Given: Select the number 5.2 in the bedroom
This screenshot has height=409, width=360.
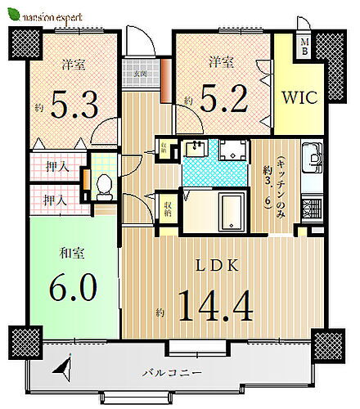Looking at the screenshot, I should [218, 101].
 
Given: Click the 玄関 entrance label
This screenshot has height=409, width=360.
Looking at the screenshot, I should [141, 72].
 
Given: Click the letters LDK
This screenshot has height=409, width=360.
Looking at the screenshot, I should [218, 266].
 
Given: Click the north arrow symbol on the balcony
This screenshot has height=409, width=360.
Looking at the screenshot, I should [63, 373].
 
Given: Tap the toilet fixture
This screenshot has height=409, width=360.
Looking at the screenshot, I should [103, 187].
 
